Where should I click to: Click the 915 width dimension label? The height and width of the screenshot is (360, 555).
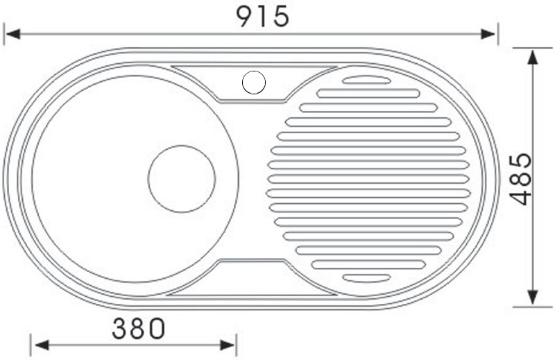(263, 17)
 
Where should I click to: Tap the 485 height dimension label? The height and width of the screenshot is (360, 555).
(522, 179)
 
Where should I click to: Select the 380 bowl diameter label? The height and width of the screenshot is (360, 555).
(138, 329)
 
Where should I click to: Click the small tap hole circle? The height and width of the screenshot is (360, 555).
(254, 83)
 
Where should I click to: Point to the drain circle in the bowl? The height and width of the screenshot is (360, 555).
(182, 179)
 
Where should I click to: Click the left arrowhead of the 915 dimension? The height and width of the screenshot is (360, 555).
(12, 35)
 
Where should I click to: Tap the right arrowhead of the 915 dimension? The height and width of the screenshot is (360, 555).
(488, 35)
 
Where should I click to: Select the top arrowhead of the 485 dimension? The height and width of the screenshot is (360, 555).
(533, 57)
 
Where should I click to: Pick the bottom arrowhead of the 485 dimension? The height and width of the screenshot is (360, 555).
(533, 298)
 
